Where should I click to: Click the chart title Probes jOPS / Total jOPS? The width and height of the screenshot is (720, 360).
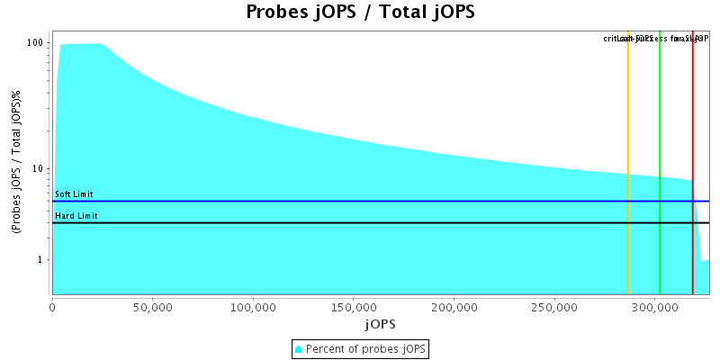coord(360,13)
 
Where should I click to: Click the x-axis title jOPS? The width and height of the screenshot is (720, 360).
coord(380,323)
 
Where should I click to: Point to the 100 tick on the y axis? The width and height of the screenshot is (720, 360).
coord(36,42)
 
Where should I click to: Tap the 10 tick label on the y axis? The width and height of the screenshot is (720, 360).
coord(39,168)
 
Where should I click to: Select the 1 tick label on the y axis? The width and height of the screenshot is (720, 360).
coord(41,260)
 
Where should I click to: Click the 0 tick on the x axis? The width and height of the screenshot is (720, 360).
coord(53,305)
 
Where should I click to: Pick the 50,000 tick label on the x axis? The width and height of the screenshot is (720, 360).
coord(153,305)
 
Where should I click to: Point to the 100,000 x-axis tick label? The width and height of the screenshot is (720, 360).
coord(253,305)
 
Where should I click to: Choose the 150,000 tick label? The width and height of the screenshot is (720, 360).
coord(354,305)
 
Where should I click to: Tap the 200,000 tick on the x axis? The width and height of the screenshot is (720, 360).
coord(454,305)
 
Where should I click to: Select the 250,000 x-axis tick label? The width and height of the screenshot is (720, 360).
coord(554,305)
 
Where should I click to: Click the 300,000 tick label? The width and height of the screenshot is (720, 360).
coord(654,305)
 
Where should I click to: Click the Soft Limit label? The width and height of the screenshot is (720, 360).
coord(74,194)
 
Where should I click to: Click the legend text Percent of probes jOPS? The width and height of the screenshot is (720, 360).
coord(366,348)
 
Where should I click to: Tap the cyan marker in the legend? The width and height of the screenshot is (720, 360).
coord(299,348)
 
